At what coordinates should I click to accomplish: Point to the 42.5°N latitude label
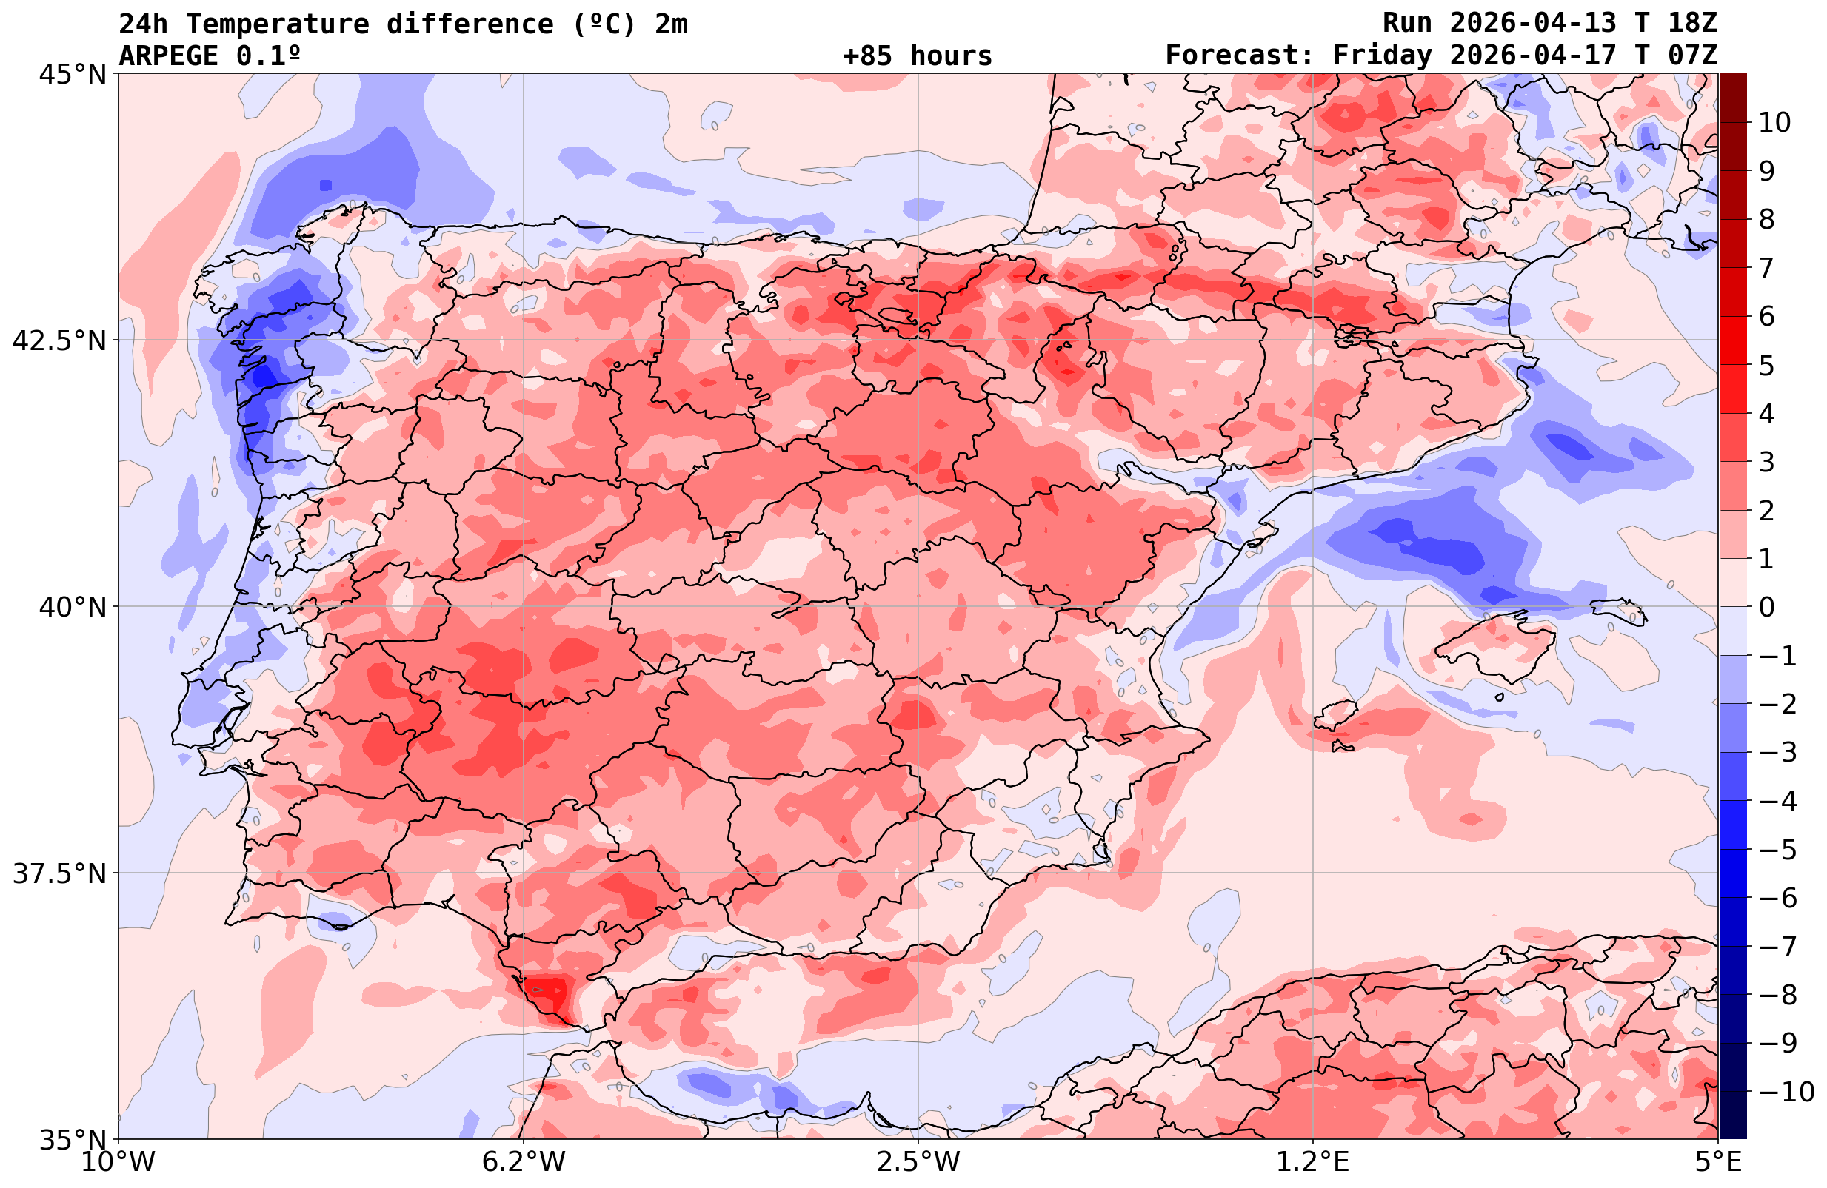pyautogui.click(x=59, y=340)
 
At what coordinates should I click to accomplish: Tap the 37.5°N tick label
pyautogui.click(x=59, y=873)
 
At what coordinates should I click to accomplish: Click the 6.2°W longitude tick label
pyautogui.click(x=524, y=1162)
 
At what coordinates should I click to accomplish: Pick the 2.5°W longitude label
pyautogui.click(x=918, y=1162)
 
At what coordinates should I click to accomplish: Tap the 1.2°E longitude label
pyautogui.click(x=1313, y=1162)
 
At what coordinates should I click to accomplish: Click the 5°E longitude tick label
pyautogui.click(x=1717, y=1162)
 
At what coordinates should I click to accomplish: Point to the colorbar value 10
pyautogui.click(x=1774, y=122)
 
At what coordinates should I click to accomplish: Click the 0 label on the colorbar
pyautogui.click(x=1766, y=607)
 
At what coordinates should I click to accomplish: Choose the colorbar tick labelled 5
pyautogui.click(x=1766, y=366)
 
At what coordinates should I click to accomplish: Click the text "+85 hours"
pyautogui.click(x=918, y=56)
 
